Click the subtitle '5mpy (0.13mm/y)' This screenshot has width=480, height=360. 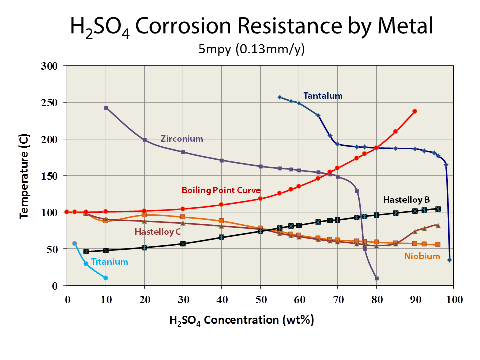pos(251,49)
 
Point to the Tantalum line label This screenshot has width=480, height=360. pos(323,96)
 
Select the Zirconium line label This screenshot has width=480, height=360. pos(181,139)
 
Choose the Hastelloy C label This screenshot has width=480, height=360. pos(157,232)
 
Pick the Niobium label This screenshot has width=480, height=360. pos(422,256)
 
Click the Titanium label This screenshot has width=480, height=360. pos(109,262)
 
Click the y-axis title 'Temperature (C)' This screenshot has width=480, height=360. pos(23,176)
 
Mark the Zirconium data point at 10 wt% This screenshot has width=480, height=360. pos(106,108)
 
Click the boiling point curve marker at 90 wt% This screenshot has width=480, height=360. pos(415,111)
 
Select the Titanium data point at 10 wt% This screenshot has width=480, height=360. pos(106,278)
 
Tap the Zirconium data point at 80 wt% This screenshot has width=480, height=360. pos(376,278)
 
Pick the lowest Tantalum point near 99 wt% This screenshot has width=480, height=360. pos(449,260)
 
